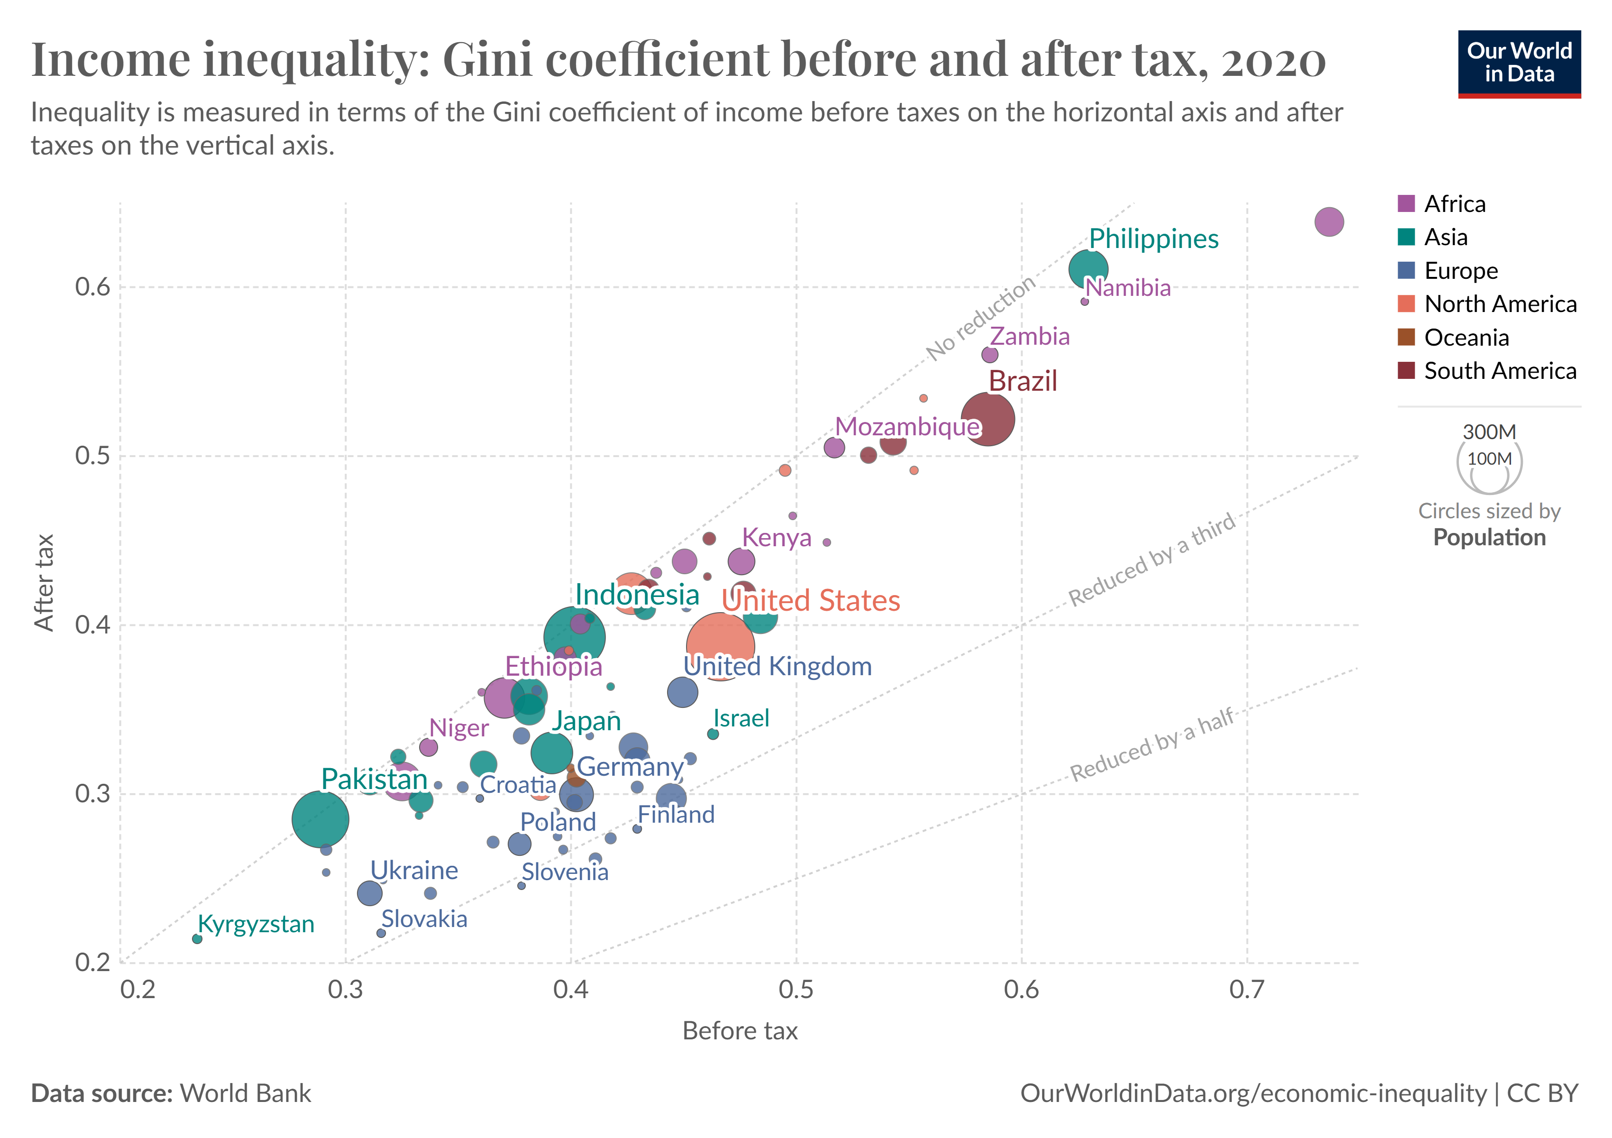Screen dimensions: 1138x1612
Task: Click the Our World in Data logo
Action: click(1519, 63)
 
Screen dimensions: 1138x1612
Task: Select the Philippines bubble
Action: click(1088, 269)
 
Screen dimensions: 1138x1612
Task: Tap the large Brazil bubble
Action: click(987, 419)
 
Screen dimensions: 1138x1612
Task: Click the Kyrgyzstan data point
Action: click(197, 939)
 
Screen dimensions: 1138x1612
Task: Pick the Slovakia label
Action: click(424, 919)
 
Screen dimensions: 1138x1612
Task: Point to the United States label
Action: click(811, 601)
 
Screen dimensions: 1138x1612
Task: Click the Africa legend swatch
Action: click(1406, 203)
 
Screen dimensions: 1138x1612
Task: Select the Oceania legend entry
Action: click(1466, 338)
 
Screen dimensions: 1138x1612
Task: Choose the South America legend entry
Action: click(1500, 371)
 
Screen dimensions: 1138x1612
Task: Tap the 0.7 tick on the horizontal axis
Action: click(1247, 990)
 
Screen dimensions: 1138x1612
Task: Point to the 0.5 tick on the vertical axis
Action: click(92, 456)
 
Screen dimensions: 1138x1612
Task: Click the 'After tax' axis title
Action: click(44, 583)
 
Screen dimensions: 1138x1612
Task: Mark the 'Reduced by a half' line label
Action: click(1152, 744)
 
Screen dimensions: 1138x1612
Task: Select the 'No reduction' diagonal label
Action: click(980, 318)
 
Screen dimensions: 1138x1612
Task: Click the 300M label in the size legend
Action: click(1489, 432)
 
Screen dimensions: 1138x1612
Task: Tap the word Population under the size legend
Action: click(1489, 538)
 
